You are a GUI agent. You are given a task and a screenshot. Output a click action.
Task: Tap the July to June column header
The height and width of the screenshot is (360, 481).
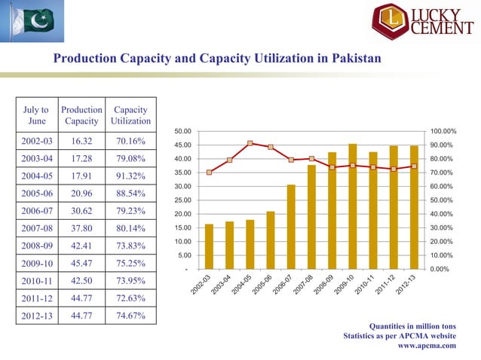[36, 115]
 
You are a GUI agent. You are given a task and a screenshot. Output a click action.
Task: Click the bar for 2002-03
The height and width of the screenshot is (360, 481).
[209, 246]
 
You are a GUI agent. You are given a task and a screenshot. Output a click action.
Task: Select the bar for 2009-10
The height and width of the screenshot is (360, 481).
[352, 206]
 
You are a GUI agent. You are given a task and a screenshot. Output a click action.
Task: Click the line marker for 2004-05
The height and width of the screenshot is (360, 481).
[250, 143]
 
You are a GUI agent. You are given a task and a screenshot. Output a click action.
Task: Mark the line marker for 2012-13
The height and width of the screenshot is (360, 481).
[414, 166]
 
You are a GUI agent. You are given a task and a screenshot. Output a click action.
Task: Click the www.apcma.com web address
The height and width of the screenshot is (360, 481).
[426, 346]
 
